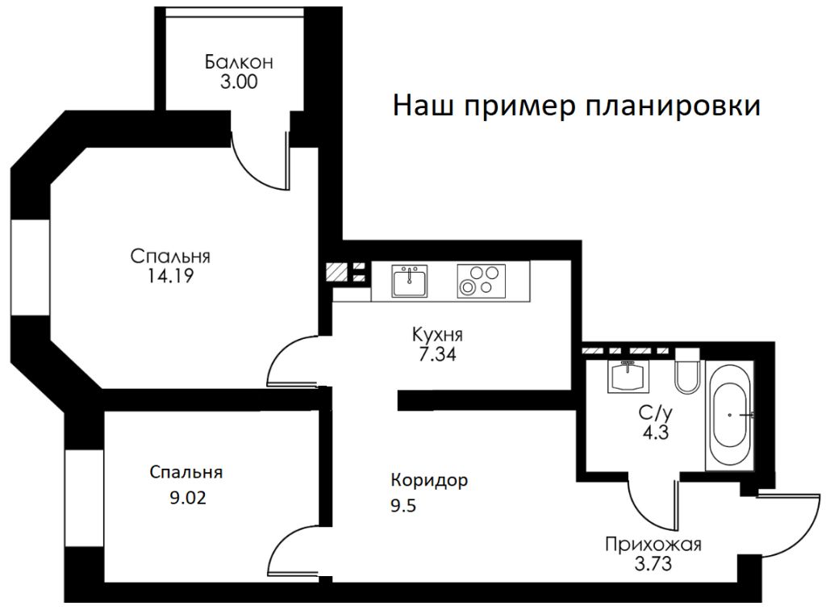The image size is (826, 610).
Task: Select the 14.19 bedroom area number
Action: (x=170, y=276)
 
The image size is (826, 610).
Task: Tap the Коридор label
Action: (x=429, y=481)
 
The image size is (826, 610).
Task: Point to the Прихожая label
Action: (x=653, y=544)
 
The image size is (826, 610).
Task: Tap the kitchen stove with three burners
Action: (x=480, y=281)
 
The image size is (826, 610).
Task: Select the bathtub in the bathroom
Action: (x=731, y=415)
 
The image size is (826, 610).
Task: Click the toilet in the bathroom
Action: (x=687, y=373)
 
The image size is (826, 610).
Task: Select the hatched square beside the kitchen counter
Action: (x=336, y=272)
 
